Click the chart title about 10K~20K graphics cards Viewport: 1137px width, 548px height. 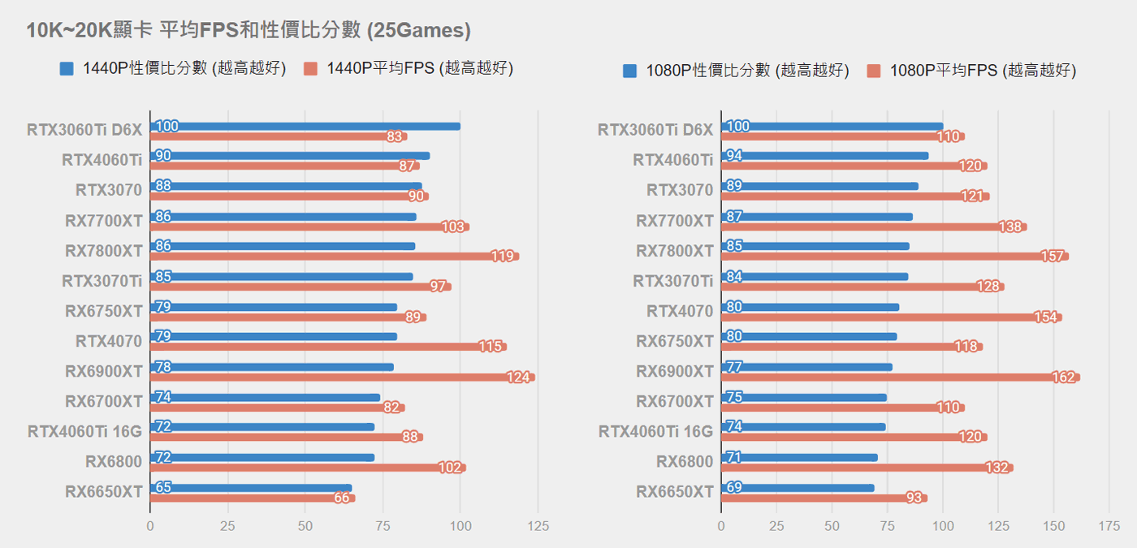(x=249, y=31)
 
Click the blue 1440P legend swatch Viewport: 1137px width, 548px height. (x=67, y=69)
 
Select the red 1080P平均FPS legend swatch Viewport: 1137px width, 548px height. (x=874, y=71)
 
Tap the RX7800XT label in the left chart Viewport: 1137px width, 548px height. (x=104, y=251)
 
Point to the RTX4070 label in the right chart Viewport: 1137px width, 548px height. (x=680, y=311)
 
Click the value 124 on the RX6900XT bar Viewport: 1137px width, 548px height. (x=517, y=378)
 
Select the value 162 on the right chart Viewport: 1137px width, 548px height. (x=1062, y=378)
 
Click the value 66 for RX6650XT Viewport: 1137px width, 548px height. (x=342, y=498)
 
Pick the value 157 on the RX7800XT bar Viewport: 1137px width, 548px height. (x=1052, y=257)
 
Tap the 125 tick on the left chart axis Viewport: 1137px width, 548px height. (x=538, y=527)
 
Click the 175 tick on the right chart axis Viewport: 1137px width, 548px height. (x=1109, y=527)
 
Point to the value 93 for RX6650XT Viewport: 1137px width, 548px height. (x=914, y=498)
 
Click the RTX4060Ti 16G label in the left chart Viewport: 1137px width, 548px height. (x=85, y=431)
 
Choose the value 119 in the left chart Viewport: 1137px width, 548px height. (x=502, y=257)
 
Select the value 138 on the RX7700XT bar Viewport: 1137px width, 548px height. (x=1010, y=227)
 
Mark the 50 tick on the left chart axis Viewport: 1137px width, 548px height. (x=305, y=527)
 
